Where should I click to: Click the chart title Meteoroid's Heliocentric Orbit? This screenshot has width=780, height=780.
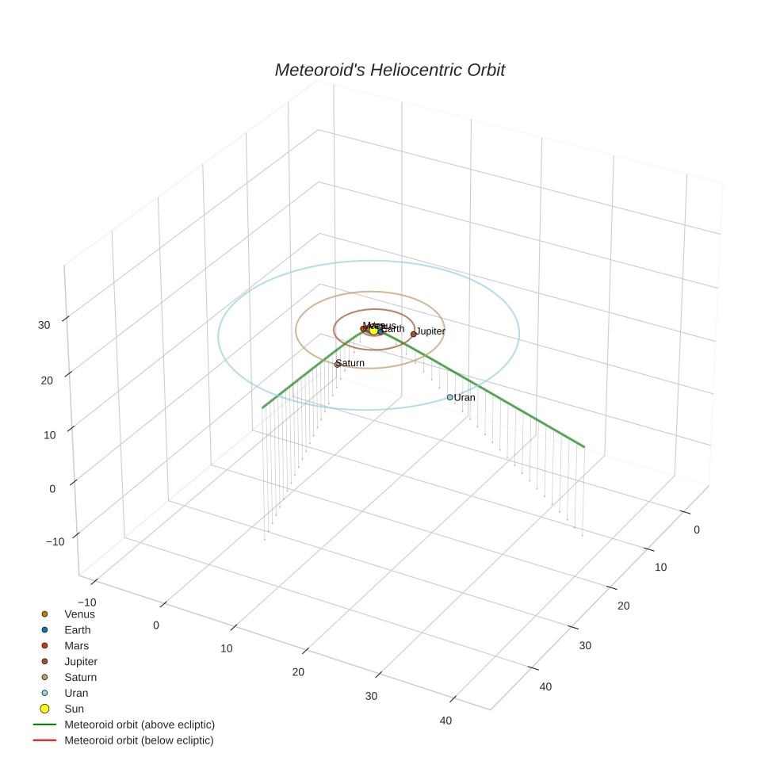[389, 70]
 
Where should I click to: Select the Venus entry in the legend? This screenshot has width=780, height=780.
[79, 614]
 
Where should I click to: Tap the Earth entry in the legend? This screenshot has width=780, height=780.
[78, 629]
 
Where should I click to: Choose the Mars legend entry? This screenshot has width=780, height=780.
[76, 645]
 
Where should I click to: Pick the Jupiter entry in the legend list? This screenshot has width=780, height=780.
[81, 661]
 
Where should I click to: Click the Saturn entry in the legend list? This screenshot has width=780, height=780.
[80, 677]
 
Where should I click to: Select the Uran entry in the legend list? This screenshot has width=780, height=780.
[76, 693]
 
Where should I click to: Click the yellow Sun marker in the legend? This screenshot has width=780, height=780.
[45, 709]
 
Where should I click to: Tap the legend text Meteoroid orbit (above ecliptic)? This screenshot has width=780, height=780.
[140, 725]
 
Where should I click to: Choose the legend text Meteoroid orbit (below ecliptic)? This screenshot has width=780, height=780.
[139, 740]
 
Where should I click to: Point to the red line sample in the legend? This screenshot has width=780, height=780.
[45, 740]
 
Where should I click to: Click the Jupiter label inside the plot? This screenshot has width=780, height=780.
[430, 331]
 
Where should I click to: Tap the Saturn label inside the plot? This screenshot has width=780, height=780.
[350, 363]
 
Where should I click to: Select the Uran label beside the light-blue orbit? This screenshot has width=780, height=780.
[465, 397]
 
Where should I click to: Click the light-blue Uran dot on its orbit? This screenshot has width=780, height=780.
[449, 397]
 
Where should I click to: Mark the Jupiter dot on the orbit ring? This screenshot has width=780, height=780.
[413, 334]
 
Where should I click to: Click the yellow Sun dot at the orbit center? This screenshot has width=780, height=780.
[373, 330]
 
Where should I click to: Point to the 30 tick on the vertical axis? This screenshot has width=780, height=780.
[44, 324]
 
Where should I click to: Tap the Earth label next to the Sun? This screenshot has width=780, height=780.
[393, 328]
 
